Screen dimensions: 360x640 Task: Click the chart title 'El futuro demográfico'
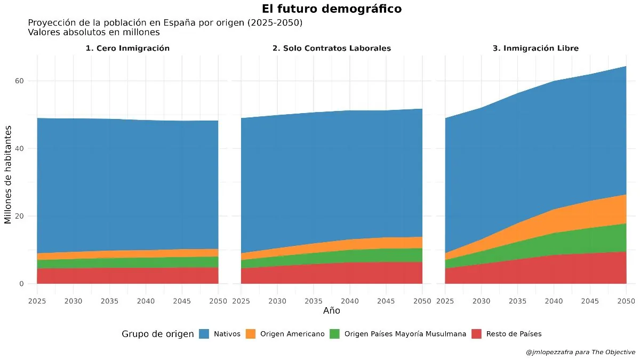coord(332,9)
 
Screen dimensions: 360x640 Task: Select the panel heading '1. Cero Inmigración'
coord(127,48)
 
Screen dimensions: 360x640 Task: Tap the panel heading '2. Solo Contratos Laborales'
coord(331,48)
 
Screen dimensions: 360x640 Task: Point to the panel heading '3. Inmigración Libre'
coord(535,48)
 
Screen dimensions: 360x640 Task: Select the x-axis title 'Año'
coord(331,310)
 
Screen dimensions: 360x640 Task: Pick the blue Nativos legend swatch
coord(204,334)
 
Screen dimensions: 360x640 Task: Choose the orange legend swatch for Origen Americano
coord(250,334)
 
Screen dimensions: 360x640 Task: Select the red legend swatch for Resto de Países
coord(476,334)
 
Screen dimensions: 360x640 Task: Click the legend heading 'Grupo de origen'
coord(157,334)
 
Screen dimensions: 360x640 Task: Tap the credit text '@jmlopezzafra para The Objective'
coord(580,352)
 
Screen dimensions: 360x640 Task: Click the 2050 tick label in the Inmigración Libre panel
coord(626,301)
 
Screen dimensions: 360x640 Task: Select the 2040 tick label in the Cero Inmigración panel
coord(146,301)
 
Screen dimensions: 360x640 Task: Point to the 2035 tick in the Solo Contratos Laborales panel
coord(313,301)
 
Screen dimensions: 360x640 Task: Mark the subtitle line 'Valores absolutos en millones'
coord(94,32)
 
